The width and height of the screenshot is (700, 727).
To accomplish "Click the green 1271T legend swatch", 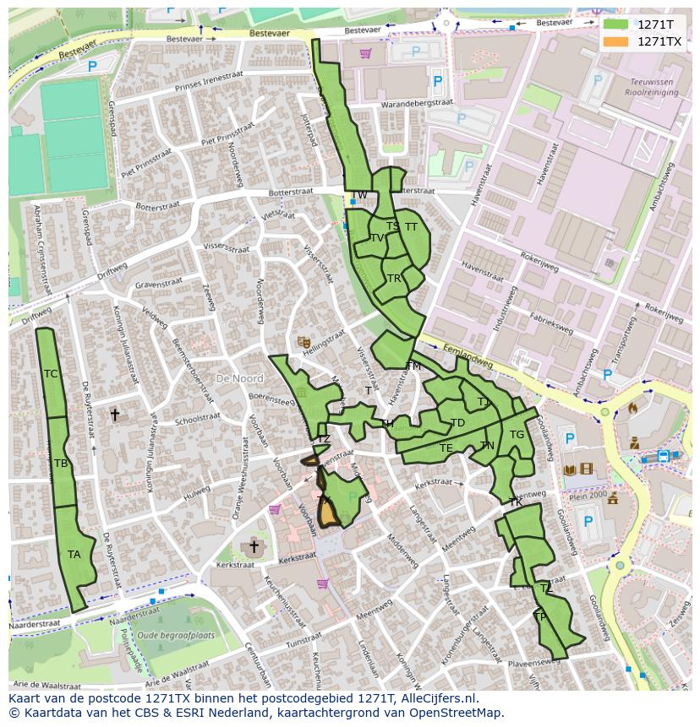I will (616, 25).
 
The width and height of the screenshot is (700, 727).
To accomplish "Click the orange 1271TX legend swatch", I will (616, 41).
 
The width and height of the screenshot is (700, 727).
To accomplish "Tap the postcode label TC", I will (51, 374).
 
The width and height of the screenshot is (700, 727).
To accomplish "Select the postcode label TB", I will (61, 464).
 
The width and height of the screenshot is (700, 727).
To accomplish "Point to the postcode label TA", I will (74, 555).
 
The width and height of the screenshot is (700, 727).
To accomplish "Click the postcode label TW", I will (359, 195).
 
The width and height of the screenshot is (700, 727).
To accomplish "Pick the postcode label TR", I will (394, 279).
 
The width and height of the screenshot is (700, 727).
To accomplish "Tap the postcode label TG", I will (517, 435).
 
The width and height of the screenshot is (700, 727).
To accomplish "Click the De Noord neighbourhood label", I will (239, 379).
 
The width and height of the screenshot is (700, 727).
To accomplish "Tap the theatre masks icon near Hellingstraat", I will (303, 342).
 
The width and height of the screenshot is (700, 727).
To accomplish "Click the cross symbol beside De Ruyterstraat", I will (116, 415).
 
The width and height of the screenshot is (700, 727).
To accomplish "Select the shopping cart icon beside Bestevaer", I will (365, 53).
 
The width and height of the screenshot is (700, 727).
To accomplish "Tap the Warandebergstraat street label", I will (417, 103).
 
